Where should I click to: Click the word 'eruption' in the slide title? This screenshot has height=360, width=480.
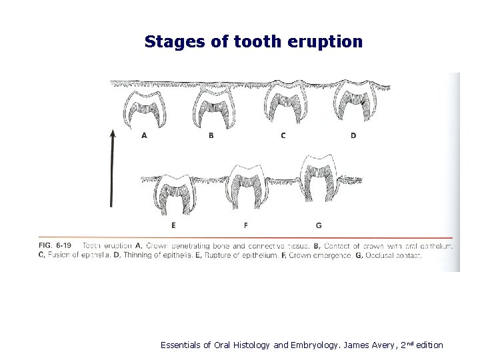pos(326,42)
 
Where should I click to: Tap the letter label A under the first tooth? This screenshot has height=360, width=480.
pos(145,135)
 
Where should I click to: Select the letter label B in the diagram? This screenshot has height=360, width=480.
pos(211,135)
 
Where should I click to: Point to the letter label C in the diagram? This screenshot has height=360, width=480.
pos(283,135)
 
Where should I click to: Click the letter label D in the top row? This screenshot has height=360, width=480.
pos(353,135)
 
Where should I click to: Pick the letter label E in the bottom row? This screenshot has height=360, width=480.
pos(173,225)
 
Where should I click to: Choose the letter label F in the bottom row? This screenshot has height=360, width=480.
pos(246,225)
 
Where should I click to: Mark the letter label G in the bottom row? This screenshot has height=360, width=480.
pos(319,225)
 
